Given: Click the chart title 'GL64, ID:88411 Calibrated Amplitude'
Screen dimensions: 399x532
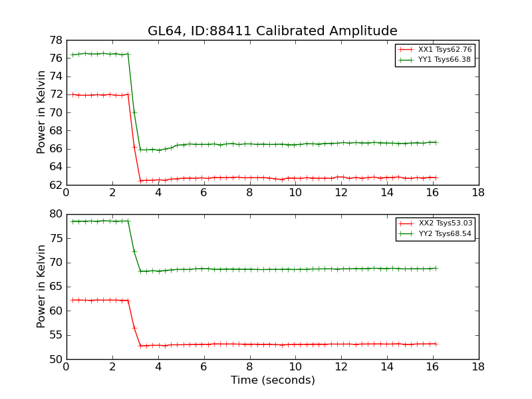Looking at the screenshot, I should pos(272,31).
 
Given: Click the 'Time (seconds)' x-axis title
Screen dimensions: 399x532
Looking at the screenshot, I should pos(273,380).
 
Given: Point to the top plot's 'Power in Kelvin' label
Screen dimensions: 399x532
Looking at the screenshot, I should pos(42,112).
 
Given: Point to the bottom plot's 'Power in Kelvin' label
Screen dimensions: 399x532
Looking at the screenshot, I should pos(42,286).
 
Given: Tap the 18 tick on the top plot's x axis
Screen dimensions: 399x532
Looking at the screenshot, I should pos(478,193).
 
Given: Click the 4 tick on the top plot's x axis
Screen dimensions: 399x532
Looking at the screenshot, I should pos(158,193).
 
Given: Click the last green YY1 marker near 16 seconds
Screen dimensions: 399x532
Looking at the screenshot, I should pos(435,142).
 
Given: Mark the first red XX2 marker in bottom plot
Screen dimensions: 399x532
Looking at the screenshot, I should pos(72,300).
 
